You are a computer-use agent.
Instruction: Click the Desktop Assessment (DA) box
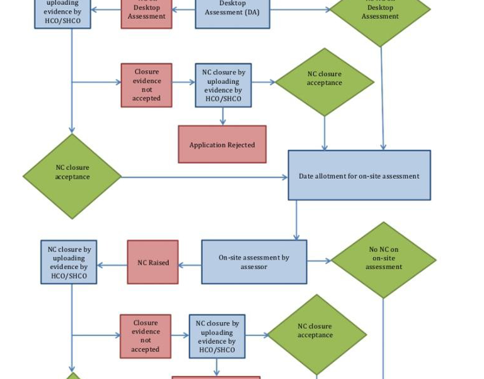[x=232, y=13]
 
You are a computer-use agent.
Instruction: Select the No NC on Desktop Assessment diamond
[x=380, y=13]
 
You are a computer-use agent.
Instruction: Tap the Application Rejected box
[x=222, y=145]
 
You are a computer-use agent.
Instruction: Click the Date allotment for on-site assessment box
[x=359, y=176]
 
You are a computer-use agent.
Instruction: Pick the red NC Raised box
[x=153, y=262]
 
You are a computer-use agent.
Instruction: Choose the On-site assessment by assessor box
[x=254, y=262]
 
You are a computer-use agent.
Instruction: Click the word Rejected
[x=241, y=145]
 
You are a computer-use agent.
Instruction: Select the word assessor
[x=254, y=267]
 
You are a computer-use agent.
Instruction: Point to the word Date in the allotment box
[x=307, y=176]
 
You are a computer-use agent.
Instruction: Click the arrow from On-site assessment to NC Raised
[x=190, y=265]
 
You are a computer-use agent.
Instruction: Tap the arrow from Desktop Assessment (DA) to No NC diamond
[x=299, y=9]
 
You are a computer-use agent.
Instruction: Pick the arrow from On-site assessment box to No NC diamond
[x=319, y=260]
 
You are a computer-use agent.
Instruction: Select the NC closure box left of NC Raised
[x=69, y=262]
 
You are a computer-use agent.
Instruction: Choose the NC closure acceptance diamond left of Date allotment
[x=72, y=176]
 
